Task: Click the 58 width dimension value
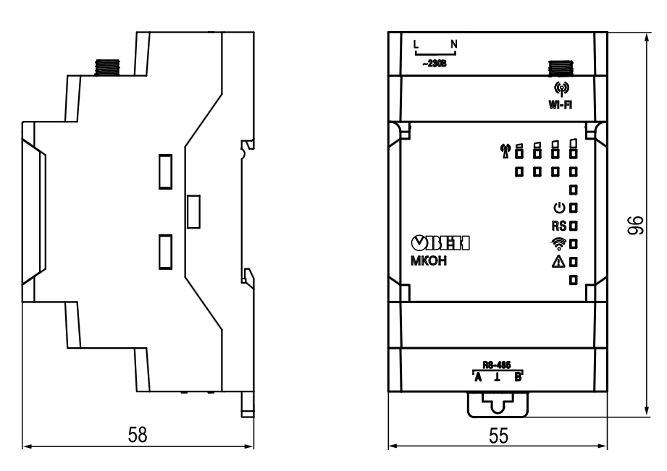(x=138, y=434)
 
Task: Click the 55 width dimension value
(x=498, y=436)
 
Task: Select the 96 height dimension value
(x=636, y=225)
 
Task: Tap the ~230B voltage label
(x=435, y=64)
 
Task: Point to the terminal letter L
(x=416, y=44)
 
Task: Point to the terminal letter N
(x=454, y=44)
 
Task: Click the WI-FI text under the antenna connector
(x=561, y=105)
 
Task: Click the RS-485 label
(x=496, y=365)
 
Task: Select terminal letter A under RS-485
(x=478, y=377)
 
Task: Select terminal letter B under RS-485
(x=518, y=377)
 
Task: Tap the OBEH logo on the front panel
(x=440, y=242)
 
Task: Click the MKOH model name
(x=428, y=261)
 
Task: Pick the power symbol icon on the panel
(x=559, y=208)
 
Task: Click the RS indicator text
(x=559, y=226)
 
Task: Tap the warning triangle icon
(x=558, y=261)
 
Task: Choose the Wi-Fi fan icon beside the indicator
(x=558, y=244)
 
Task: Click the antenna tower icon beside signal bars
(x=506, y=151)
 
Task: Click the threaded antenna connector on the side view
(x=106, y=67)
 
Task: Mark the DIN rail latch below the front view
(x=498, y=404)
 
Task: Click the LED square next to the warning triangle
(x=574, y=262)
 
